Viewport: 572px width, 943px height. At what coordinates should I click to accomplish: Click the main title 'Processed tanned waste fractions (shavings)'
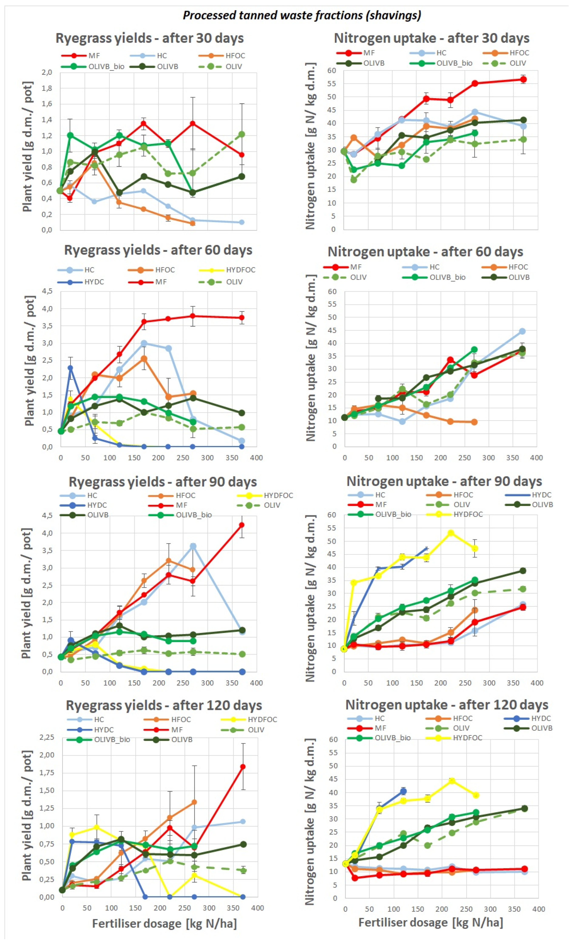pos(302,15)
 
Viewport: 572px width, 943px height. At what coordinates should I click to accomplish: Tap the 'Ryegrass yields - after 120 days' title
pos(164,705)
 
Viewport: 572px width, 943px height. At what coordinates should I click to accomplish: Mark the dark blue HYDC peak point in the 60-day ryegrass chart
pos(70,368)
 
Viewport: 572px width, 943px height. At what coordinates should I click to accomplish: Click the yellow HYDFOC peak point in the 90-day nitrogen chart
pos(451,533)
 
